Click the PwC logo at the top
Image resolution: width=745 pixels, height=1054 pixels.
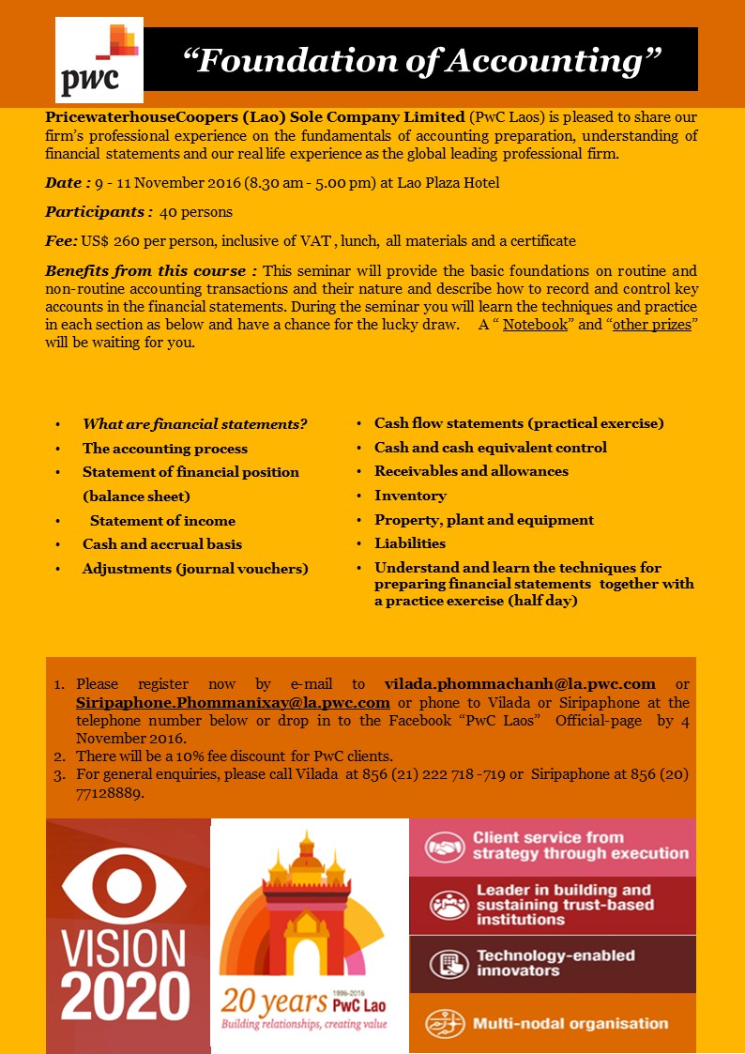pyautogui.click(x=99, y=59)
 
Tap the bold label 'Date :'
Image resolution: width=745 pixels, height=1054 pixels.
pyautogui.click(x=68, y=182)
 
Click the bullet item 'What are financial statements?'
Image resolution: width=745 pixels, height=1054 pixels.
pyautogui.click(x=194, y=423)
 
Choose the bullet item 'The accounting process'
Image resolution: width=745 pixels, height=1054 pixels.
pyautogui.click(x=165, y=448)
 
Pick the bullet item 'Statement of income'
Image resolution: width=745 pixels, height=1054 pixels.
pyautogui.click(x=162, y=520)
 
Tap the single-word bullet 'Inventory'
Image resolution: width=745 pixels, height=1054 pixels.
pyautogui.click(x=410, y=495)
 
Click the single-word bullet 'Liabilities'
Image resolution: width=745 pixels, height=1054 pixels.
pyautogui.click(x=410, y=542)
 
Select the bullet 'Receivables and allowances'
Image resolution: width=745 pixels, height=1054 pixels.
pyautogui.click(x=471, y=470)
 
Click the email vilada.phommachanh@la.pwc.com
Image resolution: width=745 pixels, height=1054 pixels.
pyautogui.click(x=520, y=683)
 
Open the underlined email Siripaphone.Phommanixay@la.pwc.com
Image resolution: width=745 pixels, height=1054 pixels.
pyautogui.click(x=233, y=702)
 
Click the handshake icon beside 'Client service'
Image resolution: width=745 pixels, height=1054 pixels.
pyautogui.click(x=446, y=847)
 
